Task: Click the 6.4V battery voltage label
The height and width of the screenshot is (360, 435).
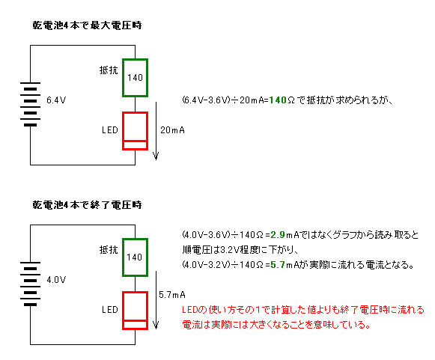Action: (x=56, y=100)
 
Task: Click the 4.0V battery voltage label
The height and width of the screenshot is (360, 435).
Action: (x=56, y=280)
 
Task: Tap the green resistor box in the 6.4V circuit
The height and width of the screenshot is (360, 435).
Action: (x=135, y=60)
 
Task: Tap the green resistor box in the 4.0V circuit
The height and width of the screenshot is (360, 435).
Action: (x=135, y=240)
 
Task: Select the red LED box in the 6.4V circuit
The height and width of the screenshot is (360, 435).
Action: (x=135, y=113)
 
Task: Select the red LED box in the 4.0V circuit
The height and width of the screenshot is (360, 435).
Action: (x=135, y=293)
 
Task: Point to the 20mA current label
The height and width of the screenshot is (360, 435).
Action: (x=172, y=130)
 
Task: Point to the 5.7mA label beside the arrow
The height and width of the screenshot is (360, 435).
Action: (x=172, y=295)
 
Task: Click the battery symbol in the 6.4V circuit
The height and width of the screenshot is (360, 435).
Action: (x=30, y=104)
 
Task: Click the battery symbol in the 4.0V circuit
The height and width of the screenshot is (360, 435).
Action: (x=30, y=284)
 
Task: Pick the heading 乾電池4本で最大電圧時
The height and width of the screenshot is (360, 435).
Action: (x=87, y=25)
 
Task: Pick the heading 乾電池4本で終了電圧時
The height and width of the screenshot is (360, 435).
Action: (x=87, y=205)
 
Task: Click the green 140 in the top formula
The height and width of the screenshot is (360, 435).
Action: (x=278, y=100)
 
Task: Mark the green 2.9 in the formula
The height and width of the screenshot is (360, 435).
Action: (x=278, y=235)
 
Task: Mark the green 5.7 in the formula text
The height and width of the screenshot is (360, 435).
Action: (x=278, y=265)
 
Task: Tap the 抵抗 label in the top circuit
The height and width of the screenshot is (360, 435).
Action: (x=109, y=70)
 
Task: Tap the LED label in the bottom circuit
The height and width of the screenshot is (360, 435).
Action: (x=110, y=310)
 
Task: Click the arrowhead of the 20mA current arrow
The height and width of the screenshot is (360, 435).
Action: (x=156, y=159)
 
